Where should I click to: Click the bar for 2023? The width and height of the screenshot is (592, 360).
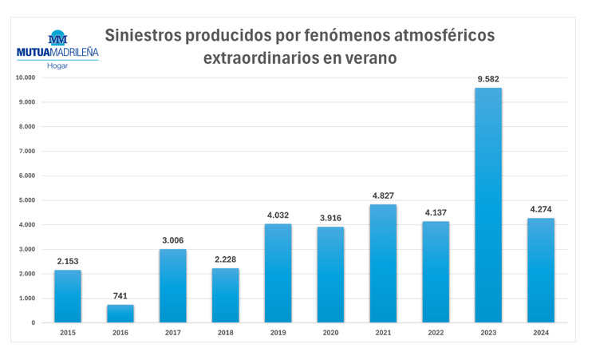pyautogui.click(x=488, y=205)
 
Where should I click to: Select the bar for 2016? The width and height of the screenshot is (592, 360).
pyautogui.click(x=120, y=313)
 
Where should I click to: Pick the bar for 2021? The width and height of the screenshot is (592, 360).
pyautogui.click(x=383, y=263)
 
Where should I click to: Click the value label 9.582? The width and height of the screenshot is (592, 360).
pyautogui.click(x=488, y=79)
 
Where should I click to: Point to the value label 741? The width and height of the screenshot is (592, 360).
pyautogui.click(x=120, y=296)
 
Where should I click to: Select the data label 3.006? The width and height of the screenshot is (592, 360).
pyautogui.click(x=172, y=240)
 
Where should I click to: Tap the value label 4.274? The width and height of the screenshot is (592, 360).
pyautogui.click(x=541, y=210)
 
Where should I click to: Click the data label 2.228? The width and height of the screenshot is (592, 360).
pyautogui.click(x=225, y=259)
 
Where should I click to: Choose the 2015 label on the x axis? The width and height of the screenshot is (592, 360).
pyautogui.click(x=68, y=331)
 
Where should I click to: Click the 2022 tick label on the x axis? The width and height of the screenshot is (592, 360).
pyautogui.click(x=436, y=331)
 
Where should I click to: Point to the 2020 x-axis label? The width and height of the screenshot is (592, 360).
pyautogui.click(x=330, y=331)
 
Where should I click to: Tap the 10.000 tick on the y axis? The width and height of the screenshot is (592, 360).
pyautogui.click(x=26, y=77)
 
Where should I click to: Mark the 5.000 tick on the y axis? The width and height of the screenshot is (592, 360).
pyautogui.click(x=28, y=200)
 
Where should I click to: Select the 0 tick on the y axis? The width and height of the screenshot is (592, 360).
pyautogui.click(x=34, y=322)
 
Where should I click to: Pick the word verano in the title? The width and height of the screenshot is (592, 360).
pyautogui.click(x=369, y=59)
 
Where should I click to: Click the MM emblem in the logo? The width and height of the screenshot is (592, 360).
pyautogui.click(x=57, y=38)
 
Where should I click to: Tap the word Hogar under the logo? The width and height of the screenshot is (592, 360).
pyautogui.click(x=57, y=65)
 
